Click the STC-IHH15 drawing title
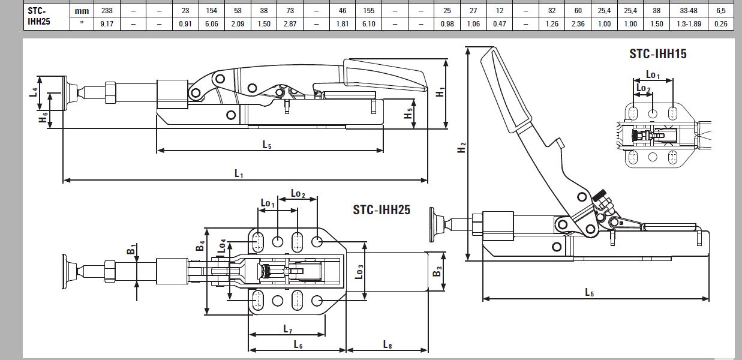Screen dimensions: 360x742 point(658,54)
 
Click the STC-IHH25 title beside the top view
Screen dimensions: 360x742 point(381,209)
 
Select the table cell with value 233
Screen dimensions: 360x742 point(107,11)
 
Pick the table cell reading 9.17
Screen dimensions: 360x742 point(107,24)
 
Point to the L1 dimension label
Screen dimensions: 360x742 point(239,174)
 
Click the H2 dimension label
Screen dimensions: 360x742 point(461,147)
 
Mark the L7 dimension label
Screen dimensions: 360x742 point(287,329)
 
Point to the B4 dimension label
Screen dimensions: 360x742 point(202,245)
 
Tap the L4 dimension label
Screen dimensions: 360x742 point(34,92)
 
